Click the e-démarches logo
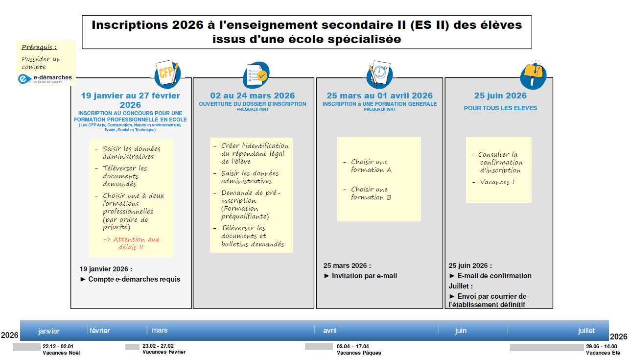pyautogui.click(x=45, y=78)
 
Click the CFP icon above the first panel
pyautogui.click(x=167, y=74)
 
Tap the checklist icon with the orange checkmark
pyautogui.click(x=256, y=75)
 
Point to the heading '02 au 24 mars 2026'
pyautogui.click(x=253, y=96)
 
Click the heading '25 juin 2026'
pyautogui.click(x=500, y=96)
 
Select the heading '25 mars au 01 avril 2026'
pyautogui.click(x=379, y=96)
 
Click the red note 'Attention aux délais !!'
pyautogui.click(x=131, y=243)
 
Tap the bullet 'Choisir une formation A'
pyautogui.click(x=371, y=166)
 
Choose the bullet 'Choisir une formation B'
pyautogui.click(x=371, y=193)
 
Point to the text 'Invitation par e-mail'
pyautogui.click(x=364, y=276)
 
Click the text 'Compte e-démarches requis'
pyautogui.click(x=134, y=279)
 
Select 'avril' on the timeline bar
pyautogui.click(x=329, y=331)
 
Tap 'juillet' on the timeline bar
pyautogui.click(x=586, y=331)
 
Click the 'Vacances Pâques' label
pyautogui.click(x=358, y=353)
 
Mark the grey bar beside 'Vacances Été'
pyautogui.click(x=546, y=347)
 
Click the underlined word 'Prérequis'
pyautogui.click(x=39, y=48)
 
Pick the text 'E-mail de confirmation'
pyautogui.click(x=494, y=276)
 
